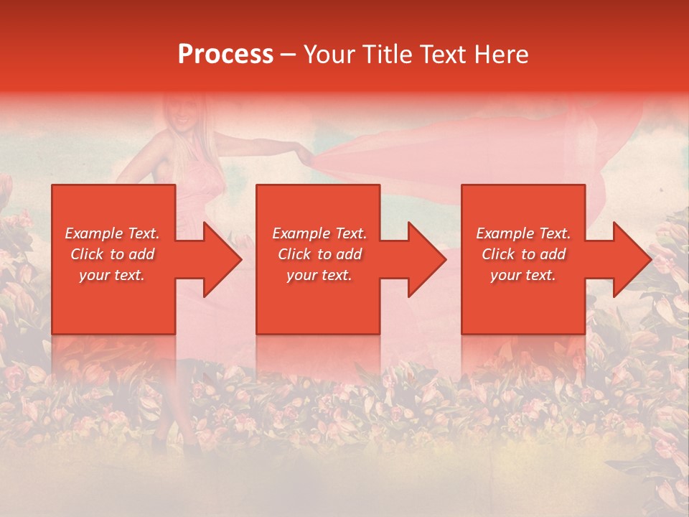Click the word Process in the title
pyautogui.click(x=225, y=55)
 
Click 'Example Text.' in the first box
pyautogui.click(x=113, y=233)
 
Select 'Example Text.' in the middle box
pyautogui.click(x=319, y=233)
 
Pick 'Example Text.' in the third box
pyautogui.click(x=523, y=233)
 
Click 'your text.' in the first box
pyautogui.click(x=111, y=276)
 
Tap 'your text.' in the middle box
pyautogui.click(x=319, y=276)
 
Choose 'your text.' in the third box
pyautogui.click(x=522, y=276)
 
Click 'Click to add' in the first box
pyautogui.click(x=113, y=254)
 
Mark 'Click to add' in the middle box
pyautogui.click(x=319, y=254)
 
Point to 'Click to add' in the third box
pyautogui.click(x=523, y=254)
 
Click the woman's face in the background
pyautogui.click(x=179, y=114)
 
